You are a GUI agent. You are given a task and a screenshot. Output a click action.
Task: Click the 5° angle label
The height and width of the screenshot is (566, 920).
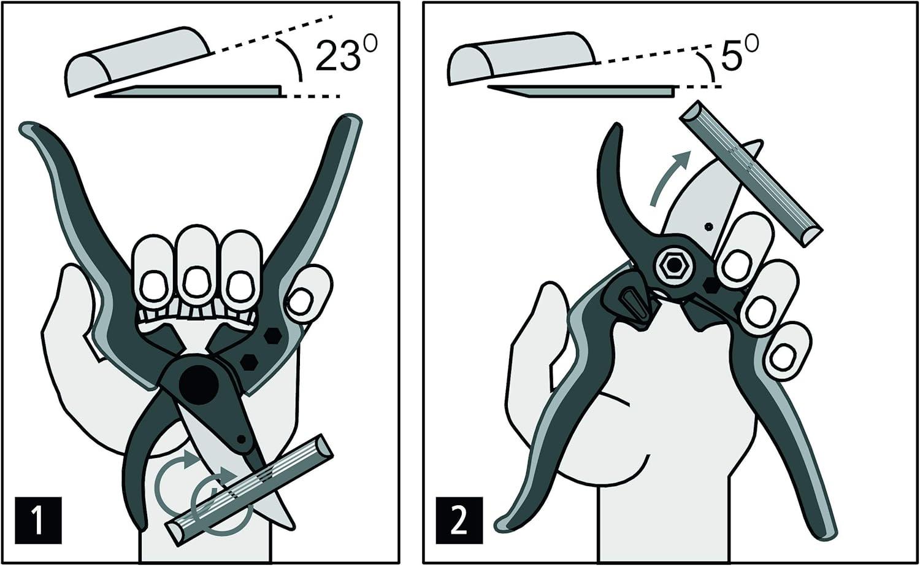click(x=738, y=53)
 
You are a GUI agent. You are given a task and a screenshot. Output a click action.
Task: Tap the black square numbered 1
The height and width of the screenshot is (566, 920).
click(x=38, y=521)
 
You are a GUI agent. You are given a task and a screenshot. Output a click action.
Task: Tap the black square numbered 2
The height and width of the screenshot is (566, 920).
click(x=459, y=521)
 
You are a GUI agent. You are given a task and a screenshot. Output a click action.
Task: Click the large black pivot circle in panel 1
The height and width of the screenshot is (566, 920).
click(x=199, y=385)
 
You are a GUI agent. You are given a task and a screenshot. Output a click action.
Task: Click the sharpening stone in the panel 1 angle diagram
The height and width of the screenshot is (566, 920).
click(x=137, y=61)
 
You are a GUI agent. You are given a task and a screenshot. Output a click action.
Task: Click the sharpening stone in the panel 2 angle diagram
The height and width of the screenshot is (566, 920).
click(x=521, y=58)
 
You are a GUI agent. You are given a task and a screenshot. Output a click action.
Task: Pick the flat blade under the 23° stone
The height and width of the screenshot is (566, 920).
click(x=189, y=91)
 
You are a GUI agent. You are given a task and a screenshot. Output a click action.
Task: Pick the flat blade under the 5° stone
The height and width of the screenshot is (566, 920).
click(x=581, y=91)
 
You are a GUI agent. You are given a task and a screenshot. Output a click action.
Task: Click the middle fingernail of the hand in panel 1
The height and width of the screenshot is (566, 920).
click(x=196, y=282)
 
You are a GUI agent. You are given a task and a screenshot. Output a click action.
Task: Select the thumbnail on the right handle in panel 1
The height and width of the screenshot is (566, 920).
click(x=301, y=302)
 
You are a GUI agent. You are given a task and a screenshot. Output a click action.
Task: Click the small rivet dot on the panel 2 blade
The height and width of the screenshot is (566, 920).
click(x=708, y=226)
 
